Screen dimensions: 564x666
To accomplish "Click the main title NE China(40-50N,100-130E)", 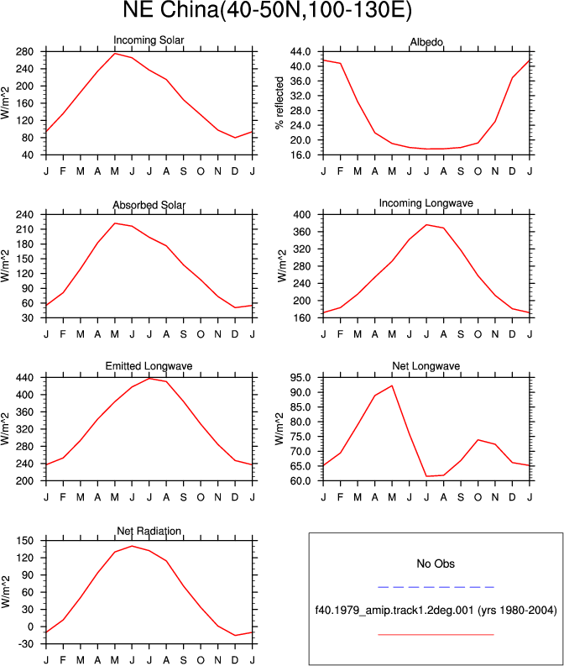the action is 267,10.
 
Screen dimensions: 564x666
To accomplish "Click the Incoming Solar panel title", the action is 149,40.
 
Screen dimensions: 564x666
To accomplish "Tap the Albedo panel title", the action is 426,42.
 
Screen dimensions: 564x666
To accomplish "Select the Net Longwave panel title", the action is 426,366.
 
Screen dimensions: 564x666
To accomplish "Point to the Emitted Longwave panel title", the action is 149,366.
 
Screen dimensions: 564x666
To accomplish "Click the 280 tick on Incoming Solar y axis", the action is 24,52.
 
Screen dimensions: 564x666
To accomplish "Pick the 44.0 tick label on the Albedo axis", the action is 300,52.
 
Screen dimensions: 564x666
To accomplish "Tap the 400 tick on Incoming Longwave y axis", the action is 302,214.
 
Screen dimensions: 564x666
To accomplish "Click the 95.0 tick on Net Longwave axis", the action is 300,378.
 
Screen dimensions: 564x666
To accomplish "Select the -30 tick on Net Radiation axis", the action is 24,644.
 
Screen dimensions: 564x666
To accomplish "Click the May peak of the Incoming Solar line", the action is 115,54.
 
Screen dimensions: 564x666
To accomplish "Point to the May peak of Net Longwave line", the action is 392,385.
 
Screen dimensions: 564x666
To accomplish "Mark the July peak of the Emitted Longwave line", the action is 149,379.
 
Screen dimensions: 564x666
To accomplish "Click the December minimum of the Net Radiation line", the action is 235,636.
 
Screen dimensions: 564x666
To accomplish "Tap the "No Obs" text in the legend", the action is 436,564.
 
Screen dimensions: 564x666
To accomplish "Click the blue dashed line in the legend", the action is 436,587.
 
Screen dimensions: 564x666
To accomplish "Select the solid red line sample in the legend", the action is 436,635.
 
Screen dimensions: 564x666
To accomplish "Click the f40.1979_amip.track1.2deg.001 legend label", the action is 394,611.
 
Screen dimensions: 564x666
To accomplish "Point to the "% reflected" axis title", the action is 279,103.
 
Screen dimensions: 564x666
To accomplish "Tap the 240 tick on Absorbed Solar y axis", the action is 24,214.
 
